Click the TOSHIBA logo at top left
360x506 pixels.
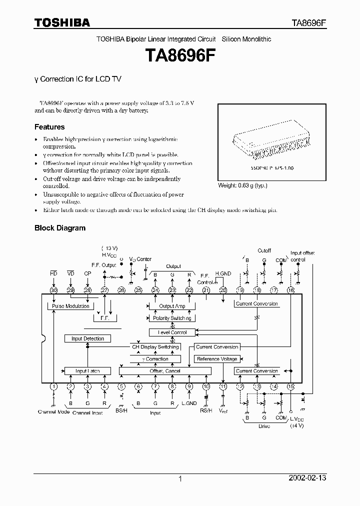click(x=62, y=22)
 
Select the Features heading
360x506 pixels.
click(x=49, y=127)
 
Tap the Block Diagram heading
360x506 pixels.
click(x=59, y=228)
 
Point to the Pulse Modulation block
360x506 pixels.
click(x=70, y=306)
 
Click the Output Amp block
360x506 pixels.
click(x=172, y=306)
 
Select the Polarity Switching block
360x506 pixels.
click(x=172, y=318)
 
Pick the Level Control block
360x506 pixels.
click(x=172, y=332)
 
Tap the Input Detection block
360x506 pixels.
click(x=87, y=338)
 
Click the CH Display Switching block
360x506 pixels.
click(x=155, y=347)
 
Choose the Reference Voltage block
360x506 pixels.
click(x=217, y=359)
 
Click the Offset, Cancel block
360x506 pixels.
click(x=164, y=371)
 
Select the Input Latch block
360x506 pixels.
click(x=87, y=371)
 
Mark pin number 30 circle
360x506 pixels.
click(x=53, y=290)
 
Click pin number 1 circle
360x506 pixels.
click(x=53, y=386)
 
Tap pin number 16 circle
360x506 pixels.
click(x=290, y=290)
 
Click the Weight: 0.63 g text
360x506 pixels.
click(x=242, y=185)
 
